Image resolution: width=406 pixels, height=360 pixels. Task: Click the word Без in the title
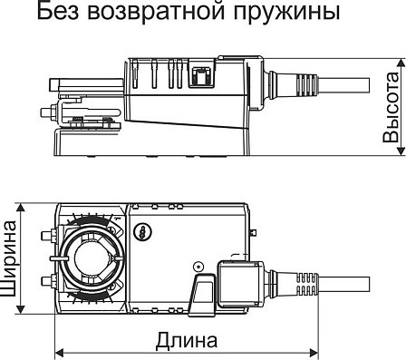click(57, 11)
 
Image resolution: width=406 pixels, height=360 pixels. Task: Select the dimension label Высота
click(391, 107)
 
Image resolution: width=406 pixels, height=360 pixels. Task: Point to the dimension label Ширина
click(8, 258)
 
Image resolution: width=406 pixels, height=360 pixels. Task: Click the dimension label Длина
click(187, 341)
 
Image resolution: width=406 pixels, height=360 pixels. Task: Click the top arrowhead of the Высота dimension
click(401, 63)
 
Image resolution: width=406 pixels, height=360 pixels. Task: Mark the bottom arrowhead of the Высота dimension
click(401, 151)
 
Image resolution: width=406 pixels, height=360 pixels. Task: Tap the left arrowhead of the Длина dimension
click(60, 353)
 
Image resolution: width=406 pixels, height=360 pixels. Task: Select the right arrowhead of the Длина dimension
click(314, 353)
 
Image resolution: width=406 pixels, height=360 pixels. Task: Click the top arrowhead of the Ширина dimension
click(21, 209)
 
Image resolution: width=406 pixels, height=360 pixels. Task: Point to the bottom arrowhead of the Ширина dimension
click(21, 309)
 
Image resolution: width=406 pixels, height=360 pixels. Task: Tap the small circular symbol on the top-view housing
click(143, 232)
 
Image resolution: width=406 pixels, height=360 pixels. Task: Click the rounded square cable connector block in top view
click(241, 284)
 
